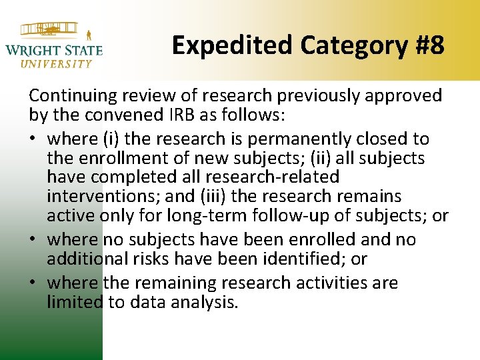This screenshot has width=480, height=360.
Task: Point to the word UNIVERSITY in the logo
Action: click(57, 64)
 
